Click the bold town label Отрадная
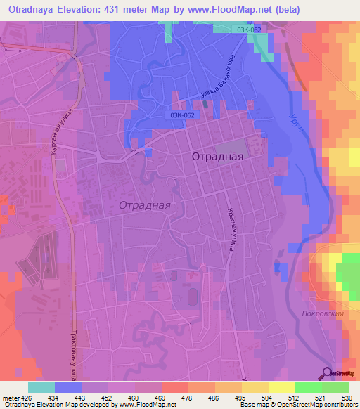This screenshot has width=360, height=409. pyautogui.click(x=217, y=157)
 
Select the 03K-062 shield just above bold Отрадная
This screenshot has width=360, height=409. pyautogui.click(x=181, y=115)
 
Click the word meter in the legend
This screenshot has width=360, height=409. pyautogui.click(x=9, y=398)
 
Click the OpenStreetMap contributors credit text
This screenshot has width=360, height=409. pyautogui.click(x=316, y=405)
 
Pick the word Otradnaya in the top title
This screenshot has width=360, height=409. pyautogui.click(x=31, y=9)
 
